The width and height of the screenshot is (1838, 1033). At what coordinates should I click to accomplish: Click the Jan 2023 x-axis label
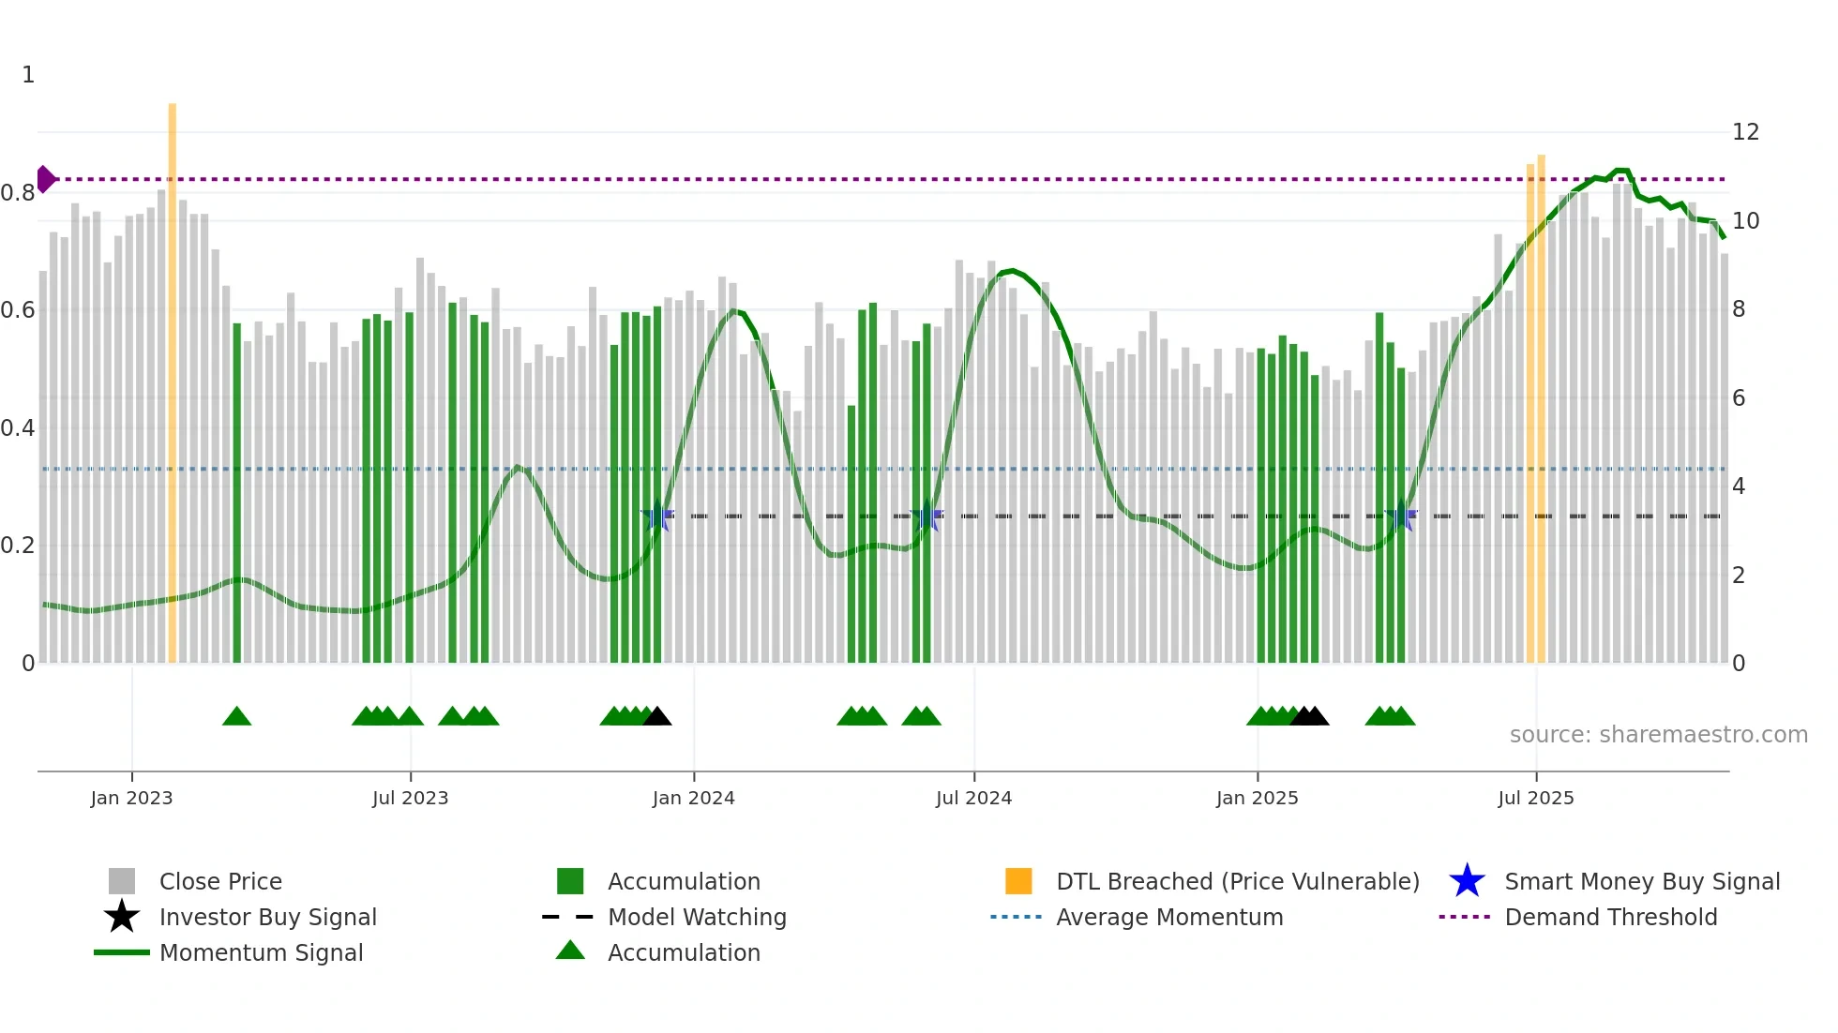pyautogui.click(x=131, y=798)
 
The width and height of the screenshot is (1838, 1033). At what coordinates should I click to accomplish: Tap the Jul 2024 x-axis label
pyautogui.click(x=973, y=798)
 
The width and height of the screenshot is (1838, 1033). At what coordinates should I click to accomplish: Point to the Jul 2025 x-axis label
pyautogui.click(x=1535, y=798)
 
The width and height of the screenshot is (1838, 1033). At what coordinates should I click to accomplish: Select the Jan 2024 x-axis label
pyautogui.click(x=693, y=798)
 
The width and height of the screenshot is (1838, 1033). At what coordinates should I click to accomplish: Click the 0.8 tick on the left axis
pyautogui.click(x=18, y=193)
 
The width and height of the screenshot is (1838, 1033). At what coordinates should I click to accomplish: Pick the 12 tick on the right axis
pyautogui.click(x=1745, y=132)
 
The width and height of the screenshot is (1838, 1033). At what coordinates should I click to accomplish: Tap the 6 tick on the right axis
pyautogui.click(x=1739, y=398)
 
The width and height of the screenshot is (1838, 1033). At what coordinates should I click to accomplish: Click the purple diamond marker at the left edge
pyautogui.click(x=45, y=179)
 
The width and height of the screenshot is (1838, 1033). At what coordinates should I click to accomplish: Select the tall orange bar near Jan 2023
pyautogui.click(x=173, y=375)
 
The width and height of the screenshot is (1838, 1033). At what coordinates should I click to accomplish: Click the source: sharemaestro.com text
pyautogui.click(x=1658, y=735)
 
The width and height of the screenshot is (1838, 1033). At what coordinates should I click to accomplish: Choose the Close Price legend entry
pyautogui.click(x=219, y=881)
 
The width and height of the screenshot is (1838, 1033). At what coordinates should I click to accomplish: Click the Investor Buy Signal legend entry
pyautogui.click(x=267, y=917)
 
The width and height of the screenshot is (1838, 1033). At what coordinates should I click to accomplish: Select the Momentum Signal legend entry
pyautogui.click(x=261, y=952)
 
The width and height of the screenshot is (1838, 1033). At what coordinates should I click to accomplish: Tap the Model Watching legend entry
pyautogui.click(x=696, y=917)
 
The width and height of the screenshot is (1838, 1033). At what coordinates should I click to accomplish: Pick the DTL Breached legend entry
pyautogui.click(x=1237, y=881)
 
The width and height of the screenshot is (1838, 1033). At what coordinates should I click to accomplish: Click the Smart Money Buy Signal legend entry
pyautogui.click(x=1641, y=881)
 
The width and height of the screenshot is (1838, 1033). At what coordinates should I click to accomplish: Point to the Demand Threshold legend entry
pyautogui.click(x=1610, y=917)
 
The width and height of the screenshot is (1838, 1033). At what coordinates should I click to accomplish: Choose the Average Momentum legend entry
pyautogui.click(x=1168, y=917)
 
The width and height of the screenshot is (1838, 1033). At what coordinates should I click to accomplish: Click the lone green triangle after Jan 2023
pyautogui.click(x=236, y=717)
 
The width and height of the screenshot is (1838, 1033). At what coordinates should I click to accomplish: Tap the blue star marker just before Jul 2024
pyautogui.click(x=927, y=516)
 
